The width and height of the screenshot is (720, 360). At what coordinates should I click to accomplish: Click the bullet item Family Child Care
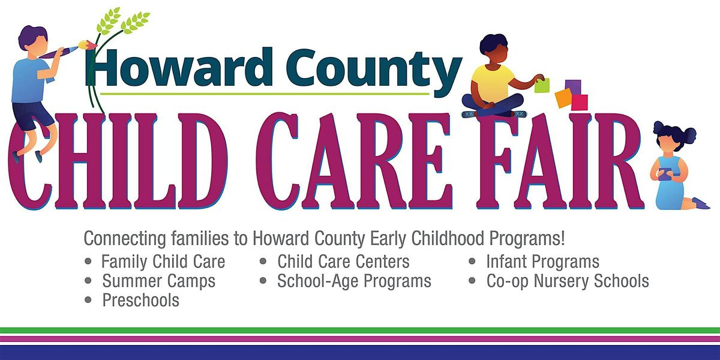(163, 262)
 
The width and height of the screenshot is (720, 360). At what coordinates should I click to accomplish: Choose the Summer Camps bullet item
(158, 280)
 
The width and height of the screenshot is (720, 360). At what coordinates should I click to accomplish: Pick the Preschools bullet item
(140, 299)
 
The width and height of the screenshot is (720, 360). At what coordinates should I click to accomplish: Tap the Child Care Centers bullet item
(343, 262)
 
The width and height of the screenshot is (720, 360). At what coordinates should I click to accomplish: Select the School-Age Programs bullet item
(354, 280)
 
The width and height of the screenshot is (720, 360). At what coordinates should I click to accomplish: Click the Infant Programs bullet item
(542, 262)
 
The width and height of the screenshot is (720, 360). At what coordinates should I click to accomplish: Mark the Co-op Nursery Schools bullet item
(568, 280)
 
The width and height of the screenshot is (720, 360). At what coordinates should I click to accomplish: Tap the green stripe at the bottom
(360, 330)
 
